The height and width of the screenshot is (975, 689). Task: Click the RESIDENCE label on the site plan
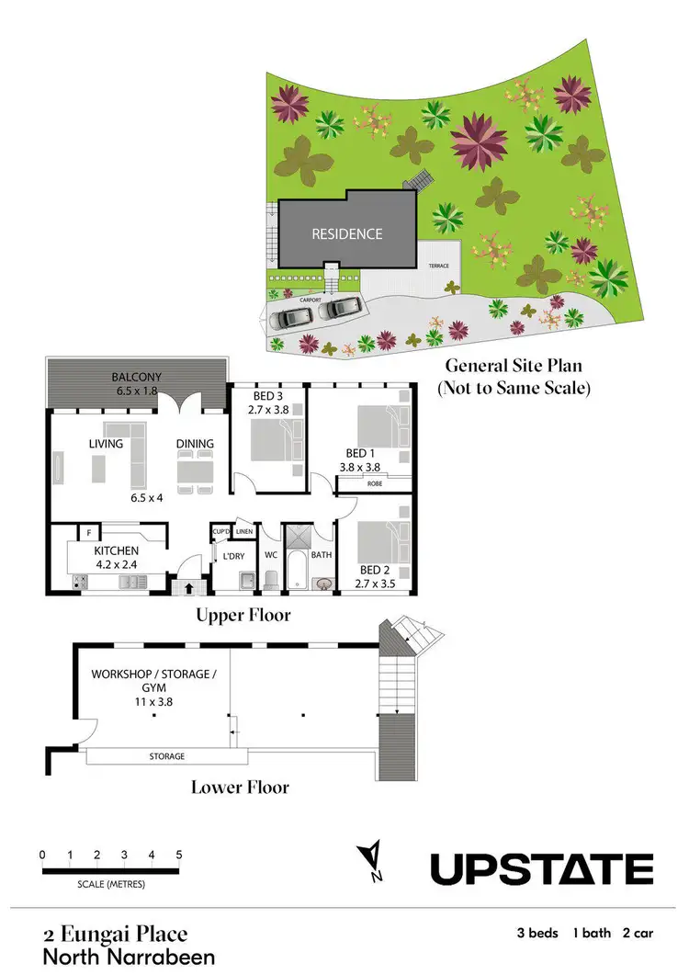click(346, 234)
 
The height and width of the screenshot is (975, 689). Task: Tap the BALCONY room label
click(137, 377)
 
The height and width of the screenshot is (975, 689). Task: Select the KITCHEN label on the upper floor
click(116, 550)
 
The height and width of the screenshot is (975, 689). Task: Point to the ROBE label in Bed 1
click(375, 482)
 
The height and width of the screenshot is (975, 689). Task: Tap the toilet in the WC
click(270, 579)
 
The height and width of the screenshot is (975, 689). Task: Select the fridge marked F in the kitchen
click(88, 531)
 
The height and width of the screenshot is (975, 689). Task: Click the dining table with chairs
click(195, 470)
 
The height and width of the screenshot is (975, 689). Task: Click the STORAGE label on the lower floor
click(167, 756)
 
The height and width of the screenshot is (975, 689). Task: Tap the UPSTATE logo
click(542, 868)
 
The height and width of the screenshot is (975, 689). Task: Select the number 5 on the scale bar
click(179, 855)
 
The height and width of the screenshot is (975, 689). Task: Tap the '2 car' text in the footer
click(638, 934)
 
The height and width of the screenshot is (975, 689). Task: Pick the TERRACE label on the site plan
click(440, 265)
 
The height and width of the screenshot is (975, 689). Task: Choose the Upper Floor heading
click(243, 615)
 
